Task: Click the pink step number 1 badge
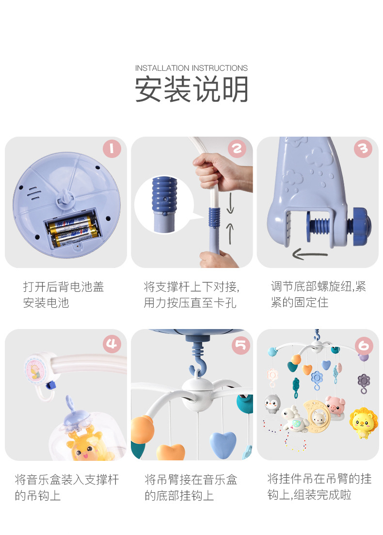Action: click(112, 148)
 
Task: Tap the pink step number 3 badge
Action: click(363, 148)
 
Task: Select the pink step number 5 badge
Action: click(240, 346)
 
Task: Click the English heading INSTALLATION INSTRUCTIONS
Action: click(191, 68)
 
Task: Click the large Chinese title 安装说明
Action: click(191, 89)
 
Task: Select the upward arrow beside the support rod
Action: click(230, 234)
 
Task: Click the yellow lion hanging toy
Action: click(363, 423)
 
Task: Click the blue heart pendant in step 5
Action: click(223, 444)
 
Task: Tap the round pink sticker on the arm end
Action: click(35, 370)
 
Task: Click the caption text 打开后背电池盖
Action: click(64, 286)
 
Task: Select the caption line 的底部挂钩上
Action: click(179, 495)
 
